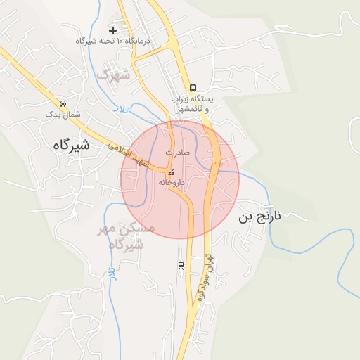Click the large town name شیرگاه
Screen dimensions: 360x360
[x=71, y=145]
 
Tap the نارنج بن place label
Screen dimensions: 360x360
[x=259, y=217]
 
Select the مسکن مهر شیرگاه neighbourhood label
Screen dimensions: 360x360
[x=127, y=237]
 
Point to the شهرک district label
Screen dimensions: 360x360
[x=114, y=75]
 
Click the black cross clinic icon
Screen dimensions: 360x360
[x=113, y=31]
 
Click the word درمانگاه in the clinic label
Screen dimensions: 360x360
[x=140, y=41]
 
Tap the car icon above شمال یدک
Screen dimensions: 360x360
[x=63, y=103]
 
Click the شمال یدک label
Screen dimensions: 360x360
[x=63, y=113]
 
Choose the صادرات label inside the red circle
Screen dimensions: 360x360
[x=178, y=152]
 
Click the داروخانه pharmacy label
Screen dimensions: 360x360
[x=171, y=182]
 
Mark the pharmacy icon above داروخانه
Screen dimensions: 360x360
[x=171, y=172]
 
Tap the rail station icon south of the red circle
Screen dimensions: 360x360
[x=181, y=266]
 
